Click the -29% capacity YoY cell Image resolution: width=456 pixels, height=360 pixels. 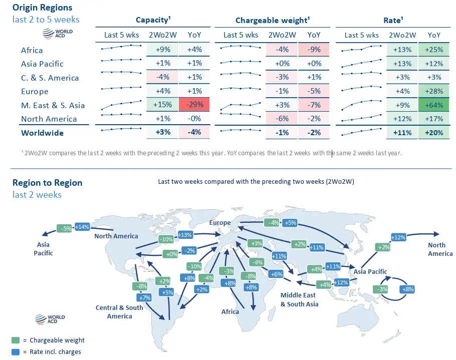[x=194, y=105]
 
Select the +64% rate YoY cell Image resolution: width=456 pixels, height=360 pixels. [x=434, y=105]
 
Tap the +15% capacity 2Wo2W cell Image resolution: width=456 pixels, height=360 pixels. [x=164, y=105]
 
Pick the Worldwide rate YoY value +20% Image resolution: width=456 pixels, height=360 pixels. [x=434, y=133]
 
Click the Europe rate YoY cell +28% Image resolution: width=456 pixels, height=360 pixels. [x=434, y=91]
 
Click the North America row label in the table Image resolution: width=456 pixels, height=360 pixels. [x=49, y=119]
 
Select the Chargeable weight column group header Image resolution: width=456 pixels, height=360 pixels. [x=272, y=20]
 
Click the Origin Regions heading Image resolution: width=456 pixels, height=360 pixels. [x=42, y=8]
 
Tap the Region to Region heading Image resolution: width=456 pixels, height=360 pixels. [x=47, y=183]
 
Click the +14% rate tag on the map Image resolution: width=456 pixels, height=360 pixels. [x=82, y=227]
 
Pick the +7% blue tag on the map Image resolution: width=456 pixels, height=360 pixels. [x=145, y=297]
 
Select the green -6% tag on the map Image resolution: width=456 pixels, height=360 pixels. [x=258, y=262]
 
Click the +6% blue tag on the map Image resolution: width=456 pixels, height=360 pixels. [x=276, y=274]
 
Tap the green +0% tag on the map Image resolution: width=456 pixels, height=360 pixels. [x=171, y=254]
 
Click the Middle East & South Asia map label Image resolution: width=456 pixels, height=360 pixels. [x=299, y=299]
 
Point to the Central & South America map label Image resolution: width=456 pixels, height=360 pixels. [x=119, y=311]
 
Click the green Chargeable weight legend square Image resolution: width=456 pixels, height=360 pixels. [x=16, y=340]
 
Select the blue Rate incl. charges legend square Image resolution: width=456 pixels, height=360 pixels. [x=16, y=351]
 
